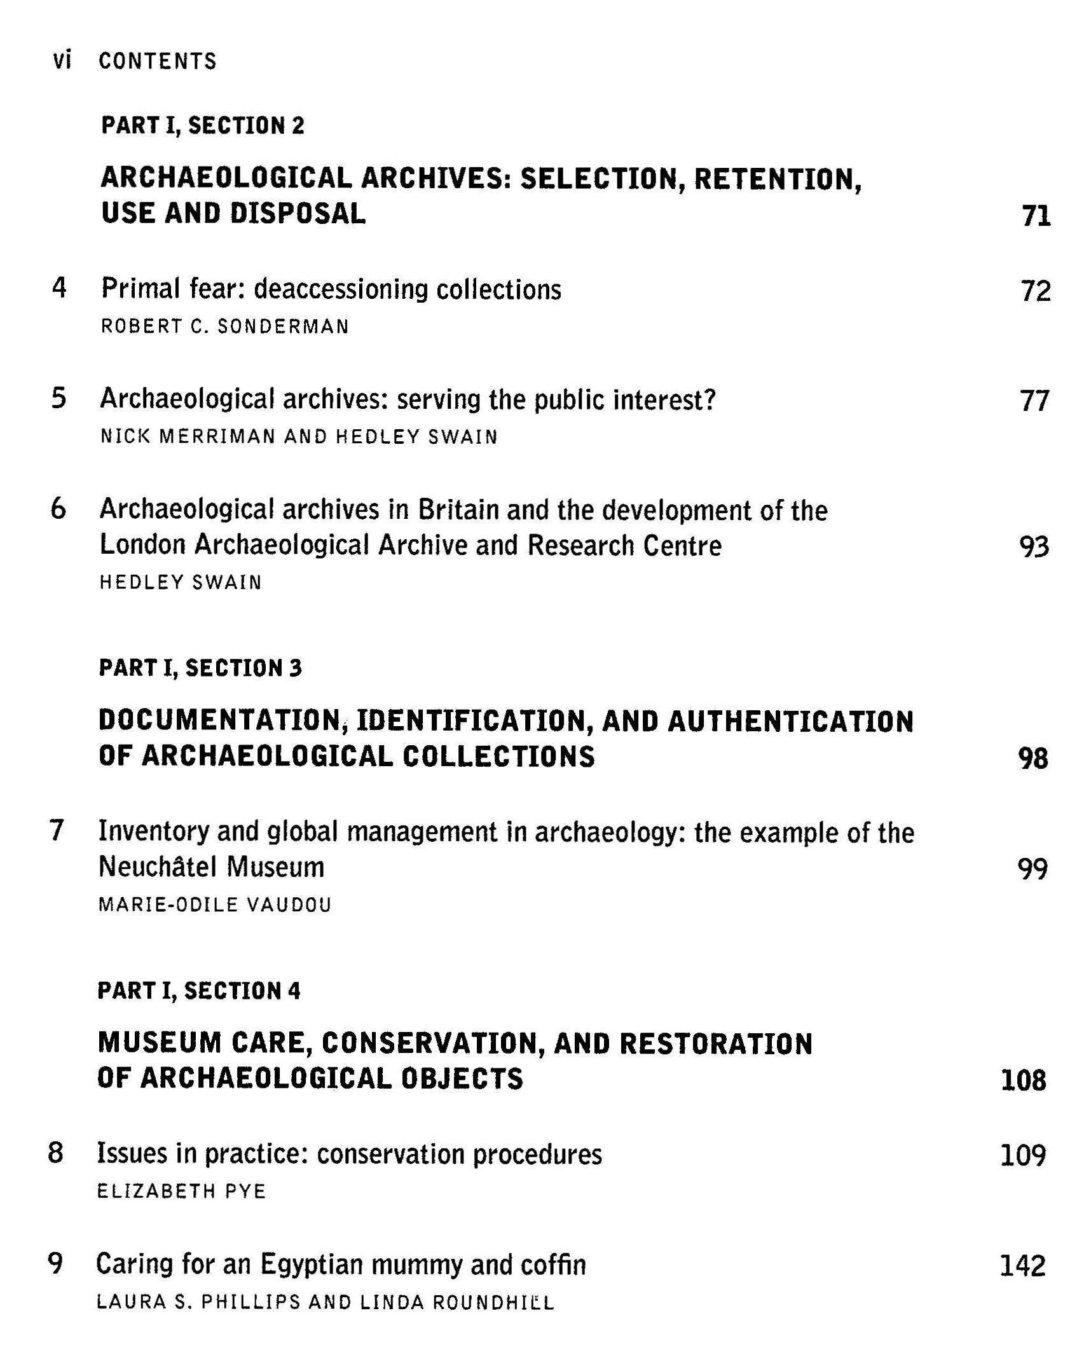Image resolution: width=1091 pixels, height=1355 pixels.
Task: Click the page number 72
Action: [1035, 291]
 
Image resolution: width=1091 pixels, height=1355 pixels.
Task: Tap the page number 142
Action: [1022, 1265]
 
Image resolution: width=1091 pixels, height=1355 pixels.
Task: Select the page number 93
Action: [1033, 547]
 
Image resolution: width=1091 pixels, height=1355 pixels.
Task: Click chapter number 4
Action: [59, 288]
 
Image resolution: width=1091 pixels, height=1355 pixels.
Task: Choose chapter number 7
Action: [57, 830]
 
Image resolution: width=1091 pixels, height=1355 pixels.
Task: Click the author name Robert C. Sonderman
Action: [225, 327]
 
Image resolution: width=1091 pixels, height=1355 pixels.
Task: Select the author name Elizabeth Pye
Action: [181, 1191]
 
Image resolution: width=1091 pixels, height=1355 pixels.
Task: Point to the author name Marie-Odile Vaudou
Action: [215, 905]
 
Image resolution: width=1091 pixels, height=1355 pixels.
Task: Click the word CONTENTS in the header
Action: [158, 61]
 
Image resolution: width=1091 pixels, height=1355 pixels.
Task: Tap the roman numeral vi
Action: [62, 60]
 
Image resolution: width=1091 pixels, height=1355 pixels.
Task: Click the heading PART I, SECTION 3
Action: [200, 668]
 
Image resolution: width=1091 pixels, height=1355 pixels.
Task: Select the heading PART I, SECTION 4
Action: [199, 991]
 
